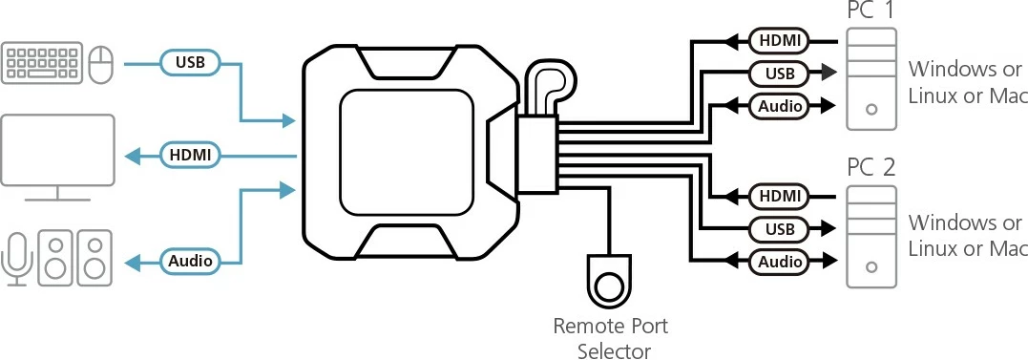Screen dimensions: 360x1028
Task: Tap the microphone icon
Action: click(16, 255)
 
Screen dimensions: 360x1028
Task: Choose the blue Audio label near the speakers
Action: click(190, 260)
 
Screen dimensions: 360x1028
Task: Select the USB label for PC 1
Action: click(779, 72)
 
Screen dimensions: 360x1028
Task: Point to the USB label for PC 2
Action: click(779, 228)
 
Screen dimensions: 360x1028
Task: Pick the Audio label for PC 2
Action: click(780, 260)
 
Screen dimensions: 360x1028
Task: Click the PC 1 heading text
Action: click(871, 11)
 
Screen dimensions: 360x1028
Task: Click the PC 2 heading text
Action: click(871, 168)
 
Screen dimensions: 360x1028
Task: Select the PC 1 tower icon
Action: click(871, 79)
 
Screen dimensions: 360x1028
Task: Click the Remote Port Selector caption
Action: click(611, 338)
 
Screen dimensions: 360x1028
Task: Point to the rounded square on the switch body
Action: click(406, 152)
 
